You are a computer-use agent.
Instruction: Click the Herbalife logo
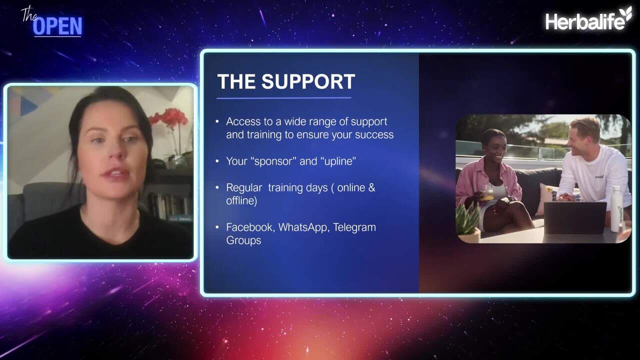click(588, 18)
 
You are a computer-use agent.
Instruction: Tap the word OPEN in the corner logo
click(57, 26)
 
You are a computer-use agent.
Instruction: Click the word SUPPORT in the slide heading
click(308, 81)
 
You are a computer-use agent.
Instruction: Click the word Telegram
click(354, 227)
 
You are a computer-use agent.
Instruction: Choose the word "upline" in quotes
click(338, 161)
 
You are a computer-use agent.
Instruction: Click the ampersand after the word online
click(371, 187)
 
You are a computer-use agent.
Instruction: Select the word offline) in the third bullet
click(241, 200)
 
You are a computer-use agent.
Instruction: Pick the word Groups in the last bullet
click(243, 240)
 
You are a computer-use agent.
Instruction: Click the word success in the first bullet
click(374, 135)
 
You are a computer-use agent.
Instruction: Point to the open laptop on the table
click(575, 217)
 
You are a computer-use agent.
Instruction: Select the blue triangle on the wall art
click(28, 106)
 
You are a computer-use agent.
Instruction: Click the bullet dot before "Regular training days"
click(217, 187)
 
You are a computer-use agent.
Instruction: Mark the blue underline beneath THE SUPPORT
click(283, 98)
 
